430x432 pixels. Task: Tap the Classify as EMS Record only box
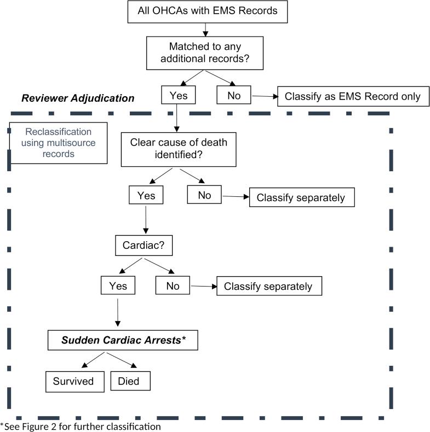pyautogui.click(x=352, y=97)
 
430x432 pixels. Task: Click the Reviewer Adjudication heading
pyautogui.click(x=78, y=98)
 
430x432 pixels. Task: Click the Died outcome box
pyautogui.click(x=129, y=381)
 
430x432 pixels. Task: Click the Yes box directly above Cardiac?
pyautogui.click(x=146, y=195)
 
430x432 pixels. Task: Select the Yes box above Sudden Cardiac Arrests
pyautogui.click(x=118, y=285)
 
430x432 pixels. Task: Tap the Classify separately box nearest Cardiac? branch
pyautogui.click(x=268, y=285)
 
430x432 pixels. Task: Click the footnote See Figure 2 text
pyautogui.click(x=81, y=426)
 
